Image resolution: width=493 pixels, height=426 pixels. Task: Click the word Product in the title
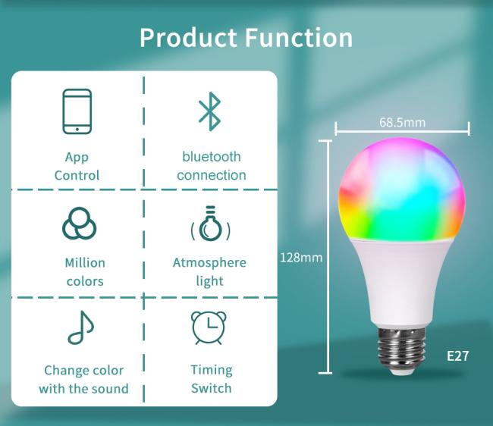click(x=188, y=38)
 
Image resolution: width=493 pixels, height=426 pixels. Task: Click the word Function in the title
click(x=299, y=38)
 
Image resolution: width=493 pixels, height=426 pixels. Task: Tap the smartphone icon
click(x=77, y=111)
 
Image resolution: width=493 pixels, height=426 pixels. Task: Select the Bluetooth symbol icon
click(x=209, y=111)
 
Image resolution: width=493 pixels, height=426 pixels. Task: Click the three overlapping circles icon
click(x=79, y=223)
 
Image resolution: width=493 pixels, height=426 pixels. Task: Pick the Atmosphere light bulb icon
click(x=210, y=224)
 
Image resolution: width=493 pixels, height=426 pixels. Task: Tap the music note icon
click(x=81, y=327)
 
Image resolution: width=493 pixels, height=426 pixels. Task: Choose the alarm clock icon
click(x=209, y=328)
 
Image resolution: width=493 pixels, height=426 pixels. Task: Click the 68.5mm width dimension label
click(x=402, y=122)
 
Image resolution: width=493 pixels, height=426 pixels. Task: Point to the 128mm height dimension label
click(x=301, y=258)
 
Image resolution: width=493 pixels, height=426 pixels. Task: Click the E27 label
click(x=457, y=356)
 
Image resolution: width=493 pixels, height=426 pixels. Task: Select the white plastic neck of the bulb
click(x=401, y=283)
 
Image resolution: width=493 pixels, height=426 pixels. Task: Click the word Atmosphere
click(x=209, y=262)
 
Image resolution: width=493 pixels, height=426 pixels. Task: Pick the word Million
click(x=85, y=262)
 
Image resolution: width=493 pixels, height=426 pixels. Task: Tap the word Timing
click(x=212, y=371)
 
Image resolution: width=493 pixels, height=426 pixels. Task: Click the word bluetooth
click(x=212, y=156)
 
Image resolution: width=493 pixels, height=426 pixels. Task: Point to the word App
click(x=77, y=158)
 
